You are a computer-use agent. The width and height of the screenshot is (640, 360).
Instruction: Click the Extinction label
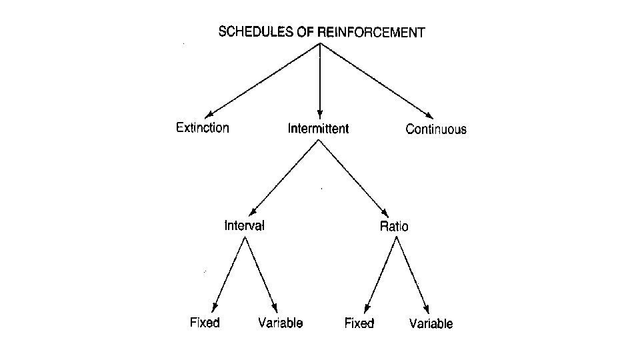click(x=202, y=127)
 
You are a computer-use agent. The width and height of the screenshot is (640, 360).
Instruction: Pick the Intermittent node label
click(x=318, y=128)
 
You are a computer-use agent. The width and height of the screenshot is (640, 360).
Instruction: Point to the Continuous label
click(x=436, y=129)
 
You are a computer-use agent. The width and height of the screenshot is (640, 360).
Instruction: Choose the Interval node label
click(x=244, y=225)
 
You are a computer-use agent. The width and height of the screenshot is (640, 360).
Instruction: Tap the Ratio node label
click(x=394, y=227)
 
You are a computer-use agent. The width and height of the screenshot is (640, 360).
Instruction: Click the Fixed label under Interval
click(x=205, y=323)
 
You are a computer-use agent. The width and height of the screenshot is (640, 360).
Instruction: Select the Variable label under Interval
click(x=280, y=323)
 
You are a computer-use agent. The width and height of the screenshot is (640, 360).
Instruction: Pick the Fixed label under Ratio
click(x=359, y=324)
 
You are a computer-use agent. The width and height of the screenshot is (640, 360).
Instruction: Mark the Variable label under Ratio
click(x=431, y=324)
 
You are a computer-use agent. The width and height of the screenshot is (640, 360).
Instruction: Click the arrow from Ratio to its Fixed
click(x=379, y=274)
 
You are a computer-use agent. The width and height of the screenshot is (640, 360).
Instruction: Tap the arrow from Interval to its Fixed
click(x=229, y=274)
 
